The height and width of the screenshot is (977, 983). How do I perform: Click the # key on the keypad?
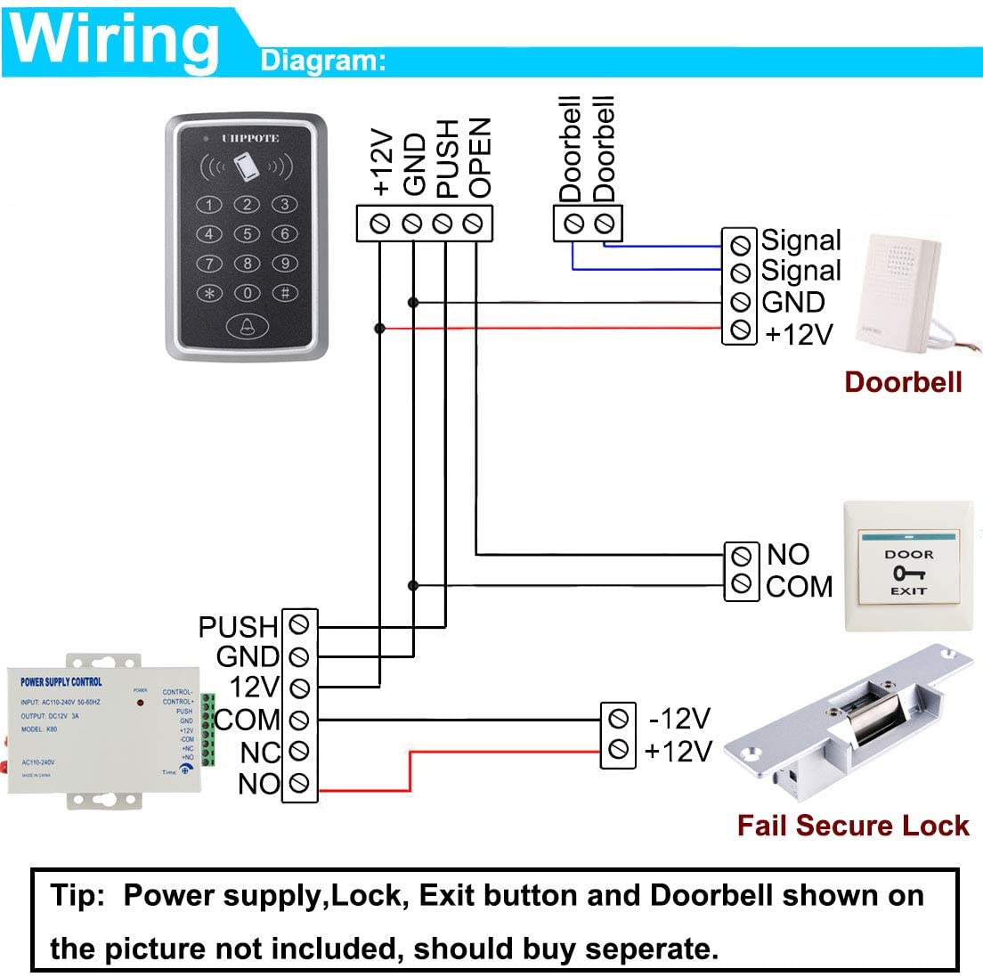coord(285,292)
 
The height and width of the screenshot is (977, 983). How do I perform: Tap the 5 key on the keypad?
coord(247,234)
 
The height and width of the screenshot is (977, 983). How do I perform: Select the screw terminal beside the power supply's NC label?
coord(300,752)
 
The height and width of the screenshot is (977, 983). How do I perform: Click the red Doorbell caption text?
coord(903,382)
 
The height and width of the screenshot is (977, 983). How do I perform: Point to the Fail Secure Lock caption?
coord(852,826)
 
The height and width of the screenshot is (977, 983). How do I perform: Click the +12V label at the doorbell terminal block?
coord(799,334)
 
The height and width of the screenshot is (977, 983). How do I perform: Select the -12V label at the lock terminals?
coord(679,718)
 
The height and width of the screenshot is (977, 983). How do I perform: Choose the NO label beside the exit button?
coord(788,554)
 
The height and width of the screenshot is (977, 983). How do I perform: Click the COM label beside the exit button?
coord(799,586)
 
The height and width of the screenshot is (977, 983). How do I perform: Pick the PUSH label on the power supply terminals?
coord(238,627)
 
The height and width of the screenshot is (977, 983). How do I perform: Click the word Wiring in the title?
coord(115,40)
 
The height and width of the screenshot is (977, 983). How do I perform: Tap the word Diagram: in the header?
coord(323,61)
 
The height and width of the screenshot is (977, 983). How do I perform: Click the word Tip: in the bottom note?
coord(78,895)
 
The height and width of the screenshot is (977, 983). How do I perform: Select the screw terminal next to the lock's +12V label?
coord(619,750)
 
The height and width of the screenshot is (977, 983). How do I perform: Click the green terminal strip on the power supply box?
coord(208,730)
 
